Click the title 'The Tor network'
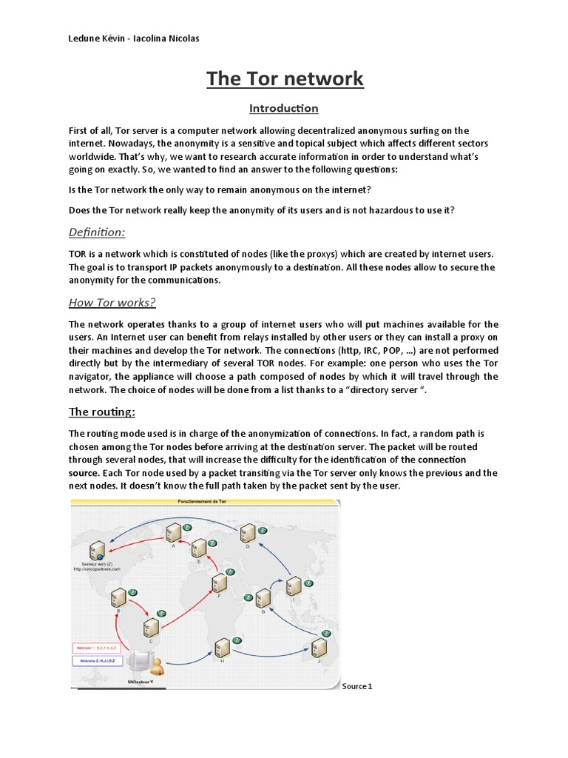tap(284, 78)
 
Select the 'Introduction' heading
tap(284, 109)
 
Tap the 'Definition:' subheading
tap(97, 232)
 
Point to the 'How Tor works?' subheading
tap(112, 302)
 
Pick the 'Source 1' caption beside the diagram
tap(357, 686)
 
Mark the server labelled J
tap(319, 648)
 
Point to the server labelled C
tap(150, 626)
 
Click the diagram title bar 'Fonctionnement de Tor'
tap(203, 502)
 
